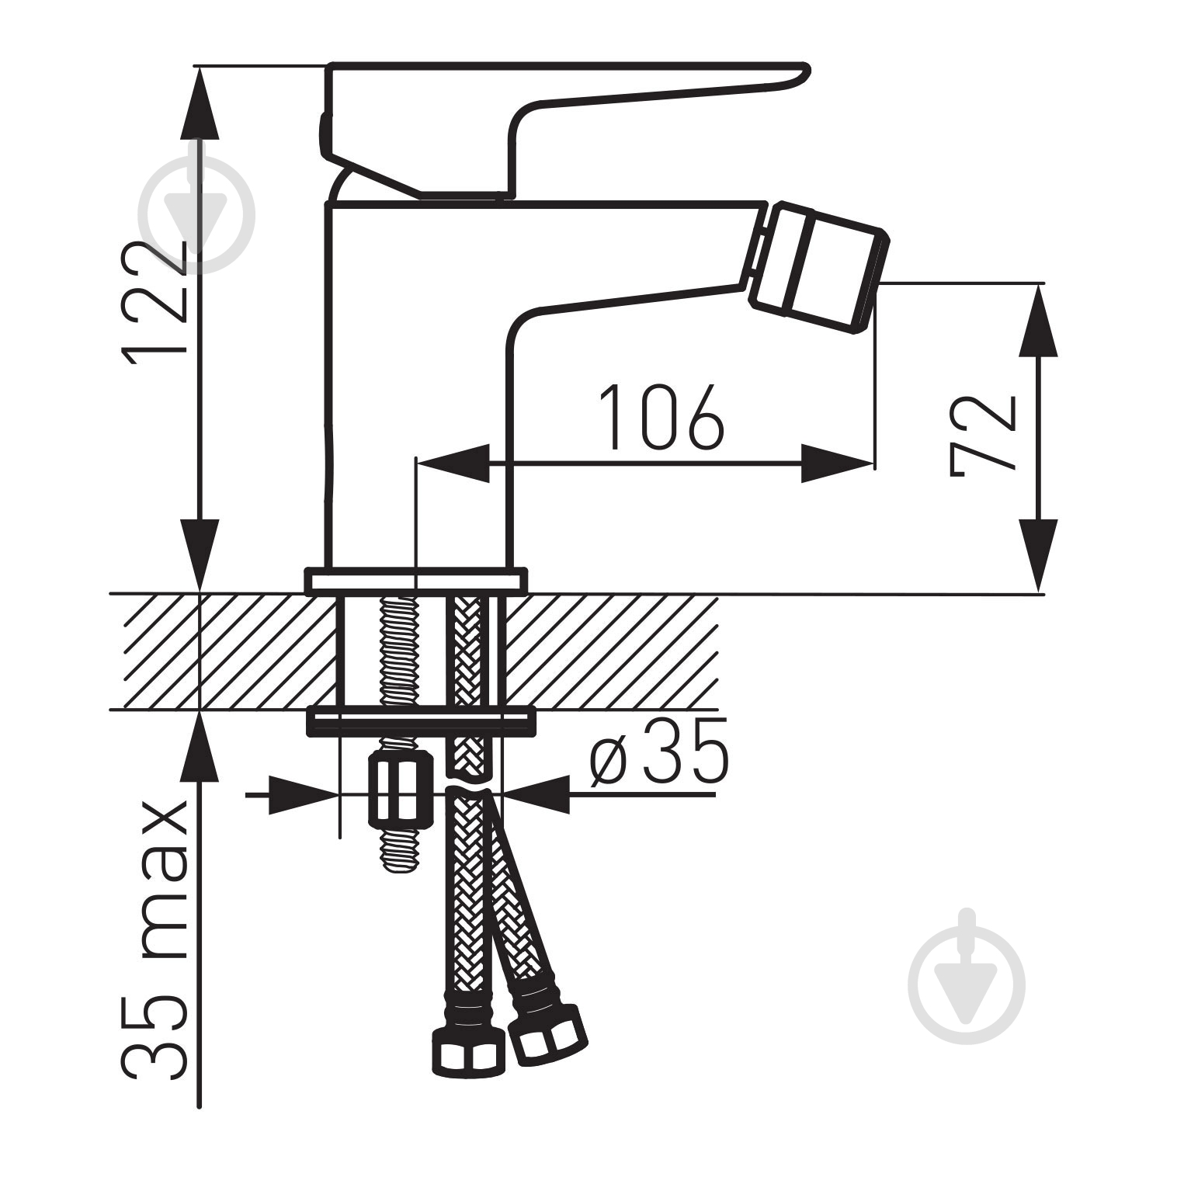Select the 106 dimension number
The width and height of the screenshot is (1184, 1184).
click(662, 416)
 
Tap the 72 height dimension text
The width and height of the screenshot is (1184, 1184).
click(983, 435)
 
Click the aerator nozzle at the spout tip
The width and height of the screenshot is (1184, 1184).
click(819, 268)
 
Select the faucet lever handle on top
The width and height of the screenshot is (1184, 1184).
click(564, 128)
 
